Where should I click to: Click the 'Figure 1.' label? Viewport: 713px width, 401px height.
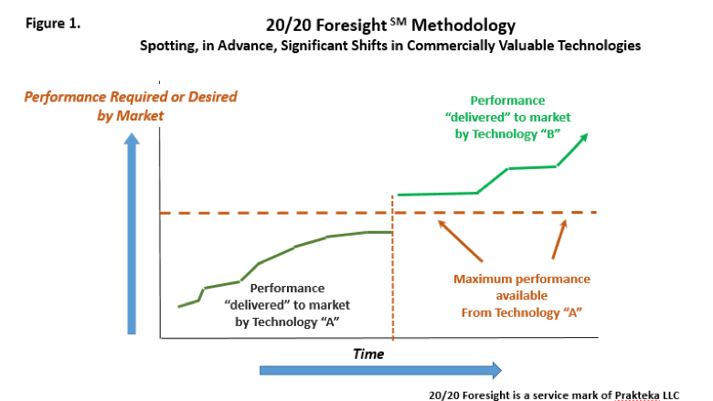tap(53, 23)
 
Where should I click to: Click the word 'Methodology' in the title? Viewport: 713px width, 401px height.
tap(463, 26)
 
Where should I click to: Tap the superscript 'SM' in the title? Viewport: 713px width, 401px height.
tap(398, 20)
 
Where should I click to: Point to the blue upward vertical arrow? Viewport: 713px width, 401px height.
tap(132, 234)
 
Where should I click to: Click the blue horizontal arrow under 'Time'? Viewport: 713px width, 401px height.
tap(380, 371)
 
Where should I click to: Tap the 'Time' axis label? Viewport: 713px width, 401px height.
tap(368, 354)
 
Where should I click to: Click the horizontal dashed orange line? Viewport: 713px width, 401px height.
tap(378, 213)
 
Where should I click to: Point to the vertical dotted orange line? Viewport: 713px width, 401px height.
tap(392, 268)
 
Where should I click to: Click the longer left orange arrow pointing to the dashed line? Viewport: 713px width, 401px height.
tap(460, 240)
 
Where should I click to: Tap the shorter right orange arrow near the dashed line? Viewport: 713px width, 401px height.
tap(559, 239)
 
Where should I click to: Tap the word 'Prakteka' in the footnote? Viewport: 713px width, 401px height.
tap(636, 396)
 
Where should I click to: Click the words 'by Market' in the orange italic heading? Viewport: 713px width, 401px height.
tap(130, 116)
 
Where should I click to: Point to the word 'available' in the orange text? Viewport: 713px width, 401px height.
tap(522, 296)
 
